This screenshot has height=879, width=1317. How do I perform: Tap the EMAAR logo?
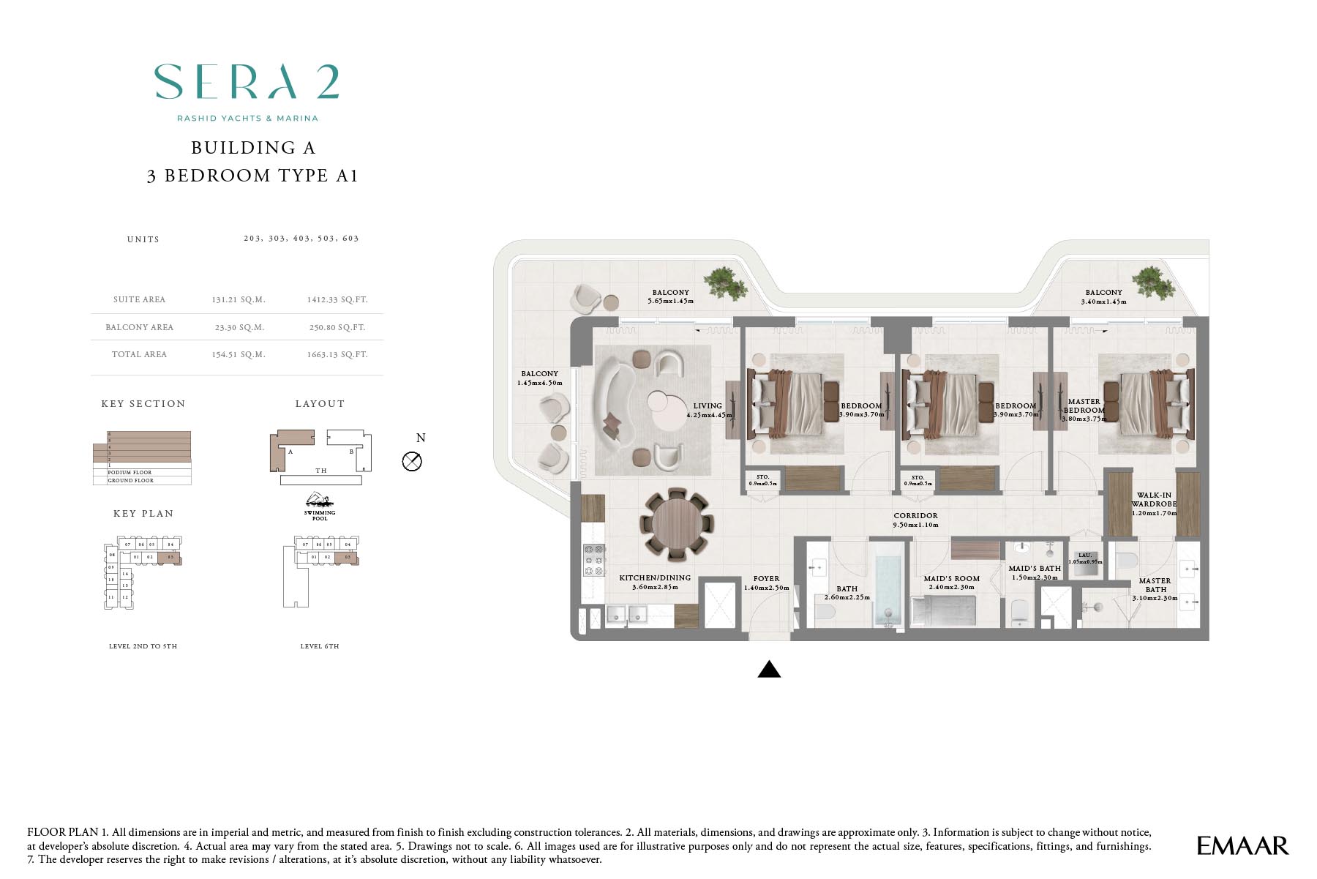tap(1242, 845)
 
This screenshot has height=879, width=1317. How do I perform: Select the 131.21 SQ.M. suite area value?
tap(239, 299)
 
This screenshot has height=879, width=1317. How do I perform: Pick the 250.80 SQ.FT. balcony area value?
tap(337, 327)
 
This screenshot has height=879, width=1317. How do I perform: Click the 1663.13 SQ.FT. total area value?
tap(337, 354)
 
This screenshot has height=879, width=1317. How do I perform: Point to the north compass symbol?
tap(412, 461)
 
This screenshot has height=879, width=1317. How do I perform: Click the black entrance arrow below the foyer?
tap(769, 669)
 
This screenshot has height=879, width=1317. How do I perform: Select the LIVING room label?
tap(708, 405)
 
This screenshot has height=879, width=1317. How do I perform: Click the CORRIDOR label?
tap(915, 515)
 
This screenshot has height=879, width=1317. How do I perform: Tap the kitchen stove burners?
tap(593, 560)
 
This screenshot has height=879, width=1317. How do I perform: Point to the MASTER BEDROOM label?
tap(1084, 405)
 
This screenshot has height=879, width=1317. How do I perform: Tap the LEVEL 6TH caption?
tap(320, 646)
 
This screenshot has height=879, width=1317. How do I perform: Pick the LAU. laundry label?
tap(1084, 556)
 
